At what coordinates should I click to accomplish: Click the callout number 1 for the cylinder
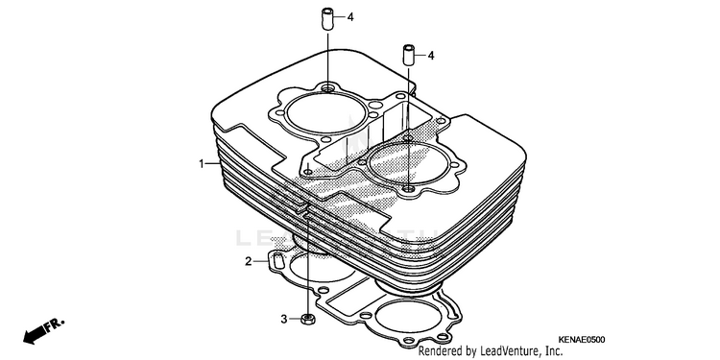click(x=202, y=163)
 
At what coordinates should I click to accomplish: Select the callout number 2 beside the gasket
click(x=249, y=262)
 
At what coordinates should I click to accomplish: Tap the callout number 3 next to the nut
click(x=284, y=319)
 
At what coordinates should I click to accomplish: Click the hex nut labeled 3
click(x=307, y=318)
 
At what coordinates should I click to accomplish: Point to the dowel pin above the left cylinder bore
click(x=327, y=19)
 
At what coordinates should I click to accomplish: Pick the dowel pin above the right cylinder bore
click(x=409, y=56)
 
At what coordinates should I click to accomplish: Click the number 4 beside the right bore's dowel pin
click(x=431, y=56)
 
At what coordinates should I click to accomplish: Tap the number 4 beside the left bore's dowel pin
click(x=350, y=18)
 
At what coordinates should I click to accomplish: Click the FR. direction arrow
click(x=43, y=330)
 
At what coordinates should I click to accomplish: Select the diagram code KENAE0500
click(x=582, y=340)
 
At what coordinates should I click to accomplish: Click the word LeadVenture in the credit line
click(x=508, y=351)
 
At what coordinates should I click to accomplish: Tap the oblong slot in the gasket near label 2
click(x=276, y=261)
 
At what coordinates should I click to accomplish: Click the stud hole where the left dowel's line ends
click(x=327, y=87)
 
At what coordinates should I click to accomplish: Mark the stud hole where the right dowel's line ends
click(x=409, y=189)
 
